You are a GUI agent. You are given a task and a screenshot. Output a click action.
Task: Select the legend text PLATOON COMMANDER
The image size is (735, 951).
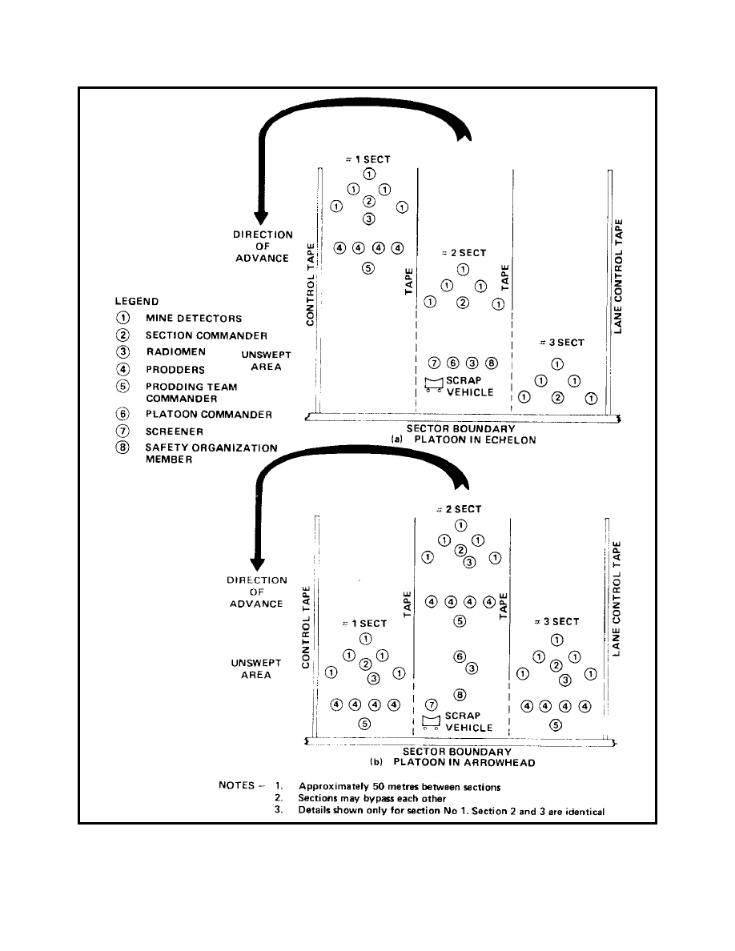coord(210,415)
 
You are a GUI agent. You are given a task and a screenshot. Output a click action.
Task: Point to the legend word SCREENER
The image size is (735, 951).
coord(174,431)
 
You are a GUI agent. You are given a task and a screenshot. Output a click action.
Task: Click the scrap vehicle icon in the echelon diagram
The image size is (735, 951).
coord(434,386)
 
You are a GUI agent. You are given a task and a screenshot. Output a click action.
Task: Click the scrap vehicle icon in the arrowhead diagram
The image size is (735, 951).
coord(432,723)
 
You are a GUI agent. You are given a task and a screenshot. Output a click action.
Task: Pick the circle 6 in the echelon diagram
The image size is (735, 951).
coord(454,363)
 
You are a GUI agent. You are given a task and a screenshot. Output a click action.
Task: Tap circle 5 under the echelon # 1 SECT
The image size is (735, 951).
coord(367,268)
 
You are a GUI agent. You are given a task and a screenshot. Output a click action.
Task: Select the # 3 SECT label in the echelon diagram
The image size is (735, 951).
coord(561,343)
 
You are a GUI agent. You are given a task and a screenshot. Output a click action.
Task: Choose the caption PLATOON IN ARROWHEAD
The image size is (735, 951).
coord(464,763)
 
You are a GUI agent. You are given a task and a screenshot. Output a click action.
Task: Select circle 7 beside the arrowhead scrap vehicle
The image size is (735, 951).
coord(432,705)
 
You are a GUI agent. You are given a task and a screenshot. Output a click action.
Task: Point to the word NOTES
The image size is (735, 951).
coord(241,785)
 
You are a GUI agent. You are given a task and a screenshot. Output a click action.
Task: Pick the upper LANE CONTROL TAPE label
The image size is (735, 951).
coord(618,276)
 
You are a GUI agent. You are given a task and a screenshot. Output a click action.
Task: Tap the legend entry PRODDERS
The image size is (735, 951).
coord(175,370)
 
